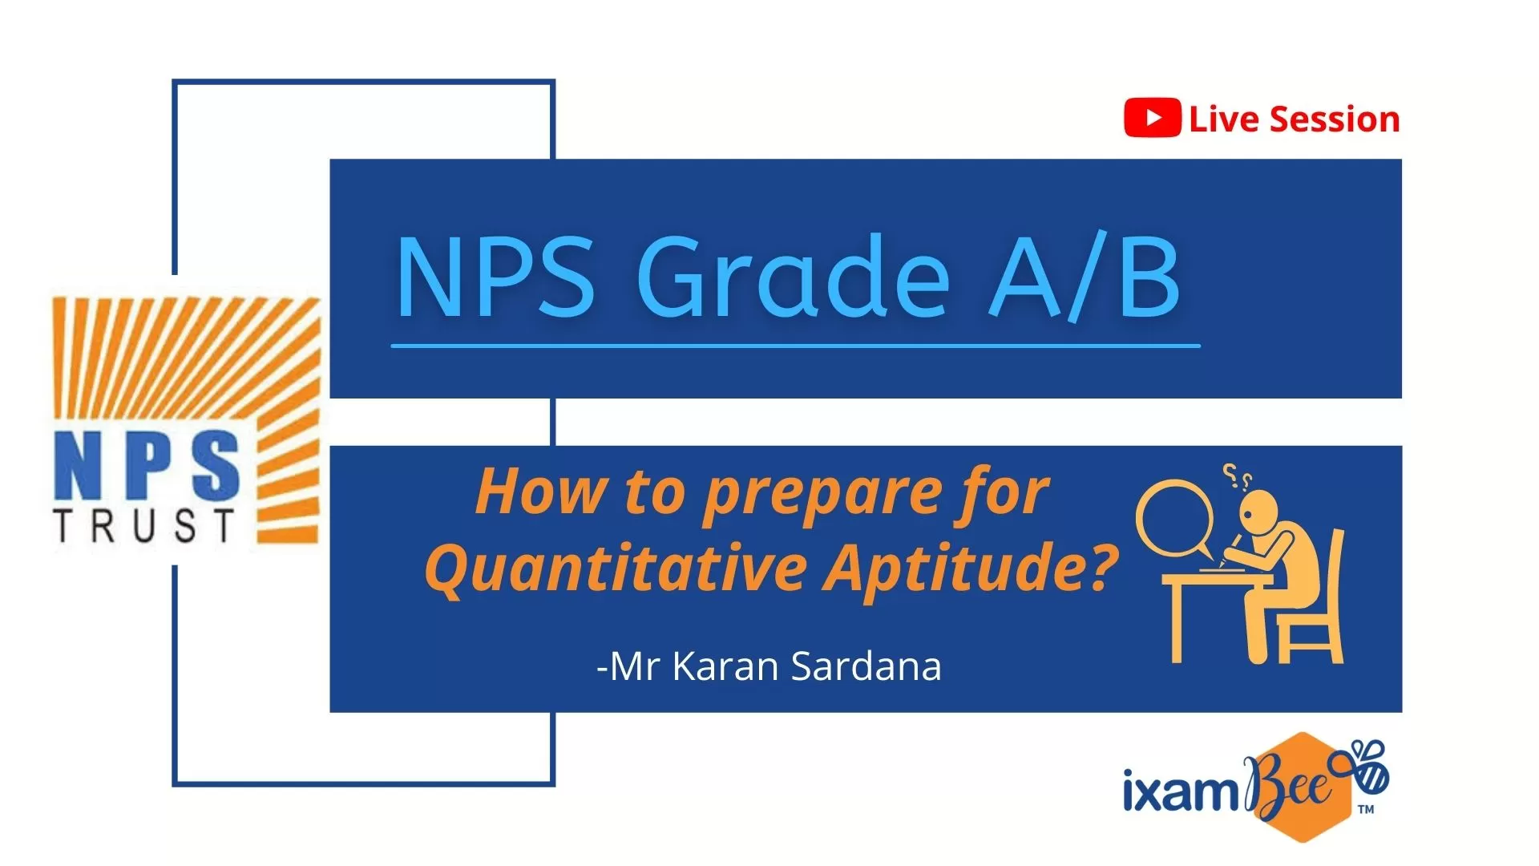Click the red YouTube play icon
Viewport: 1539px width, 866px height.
click(x=1152, y=118)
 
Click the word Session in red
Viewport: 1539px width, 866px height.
click(x=1335, y=119)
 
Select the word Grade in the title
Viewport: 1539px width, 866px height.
click(x=794, y=277)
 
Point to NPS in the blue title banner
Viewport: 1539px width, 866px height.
click(x=495, y=277)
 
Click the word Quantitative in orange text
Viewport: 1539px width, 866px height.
click(x=616, y=569)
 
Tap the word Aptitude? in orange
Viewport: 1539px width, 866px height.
click(x=972, y=569)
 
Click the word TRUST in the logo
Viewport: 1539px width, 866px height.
click(x=145, y=526)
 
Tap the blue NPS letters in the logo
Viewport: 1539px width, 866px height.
click(x=147, y=465)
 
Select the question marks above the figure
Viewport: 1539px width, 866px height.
click(x=1236, y=477)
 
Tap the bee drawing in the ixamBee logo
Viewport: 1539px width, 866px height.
click(x=1367, y=767)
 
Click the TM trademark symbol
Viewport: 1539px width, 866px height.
click(x=1366, y=810)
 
